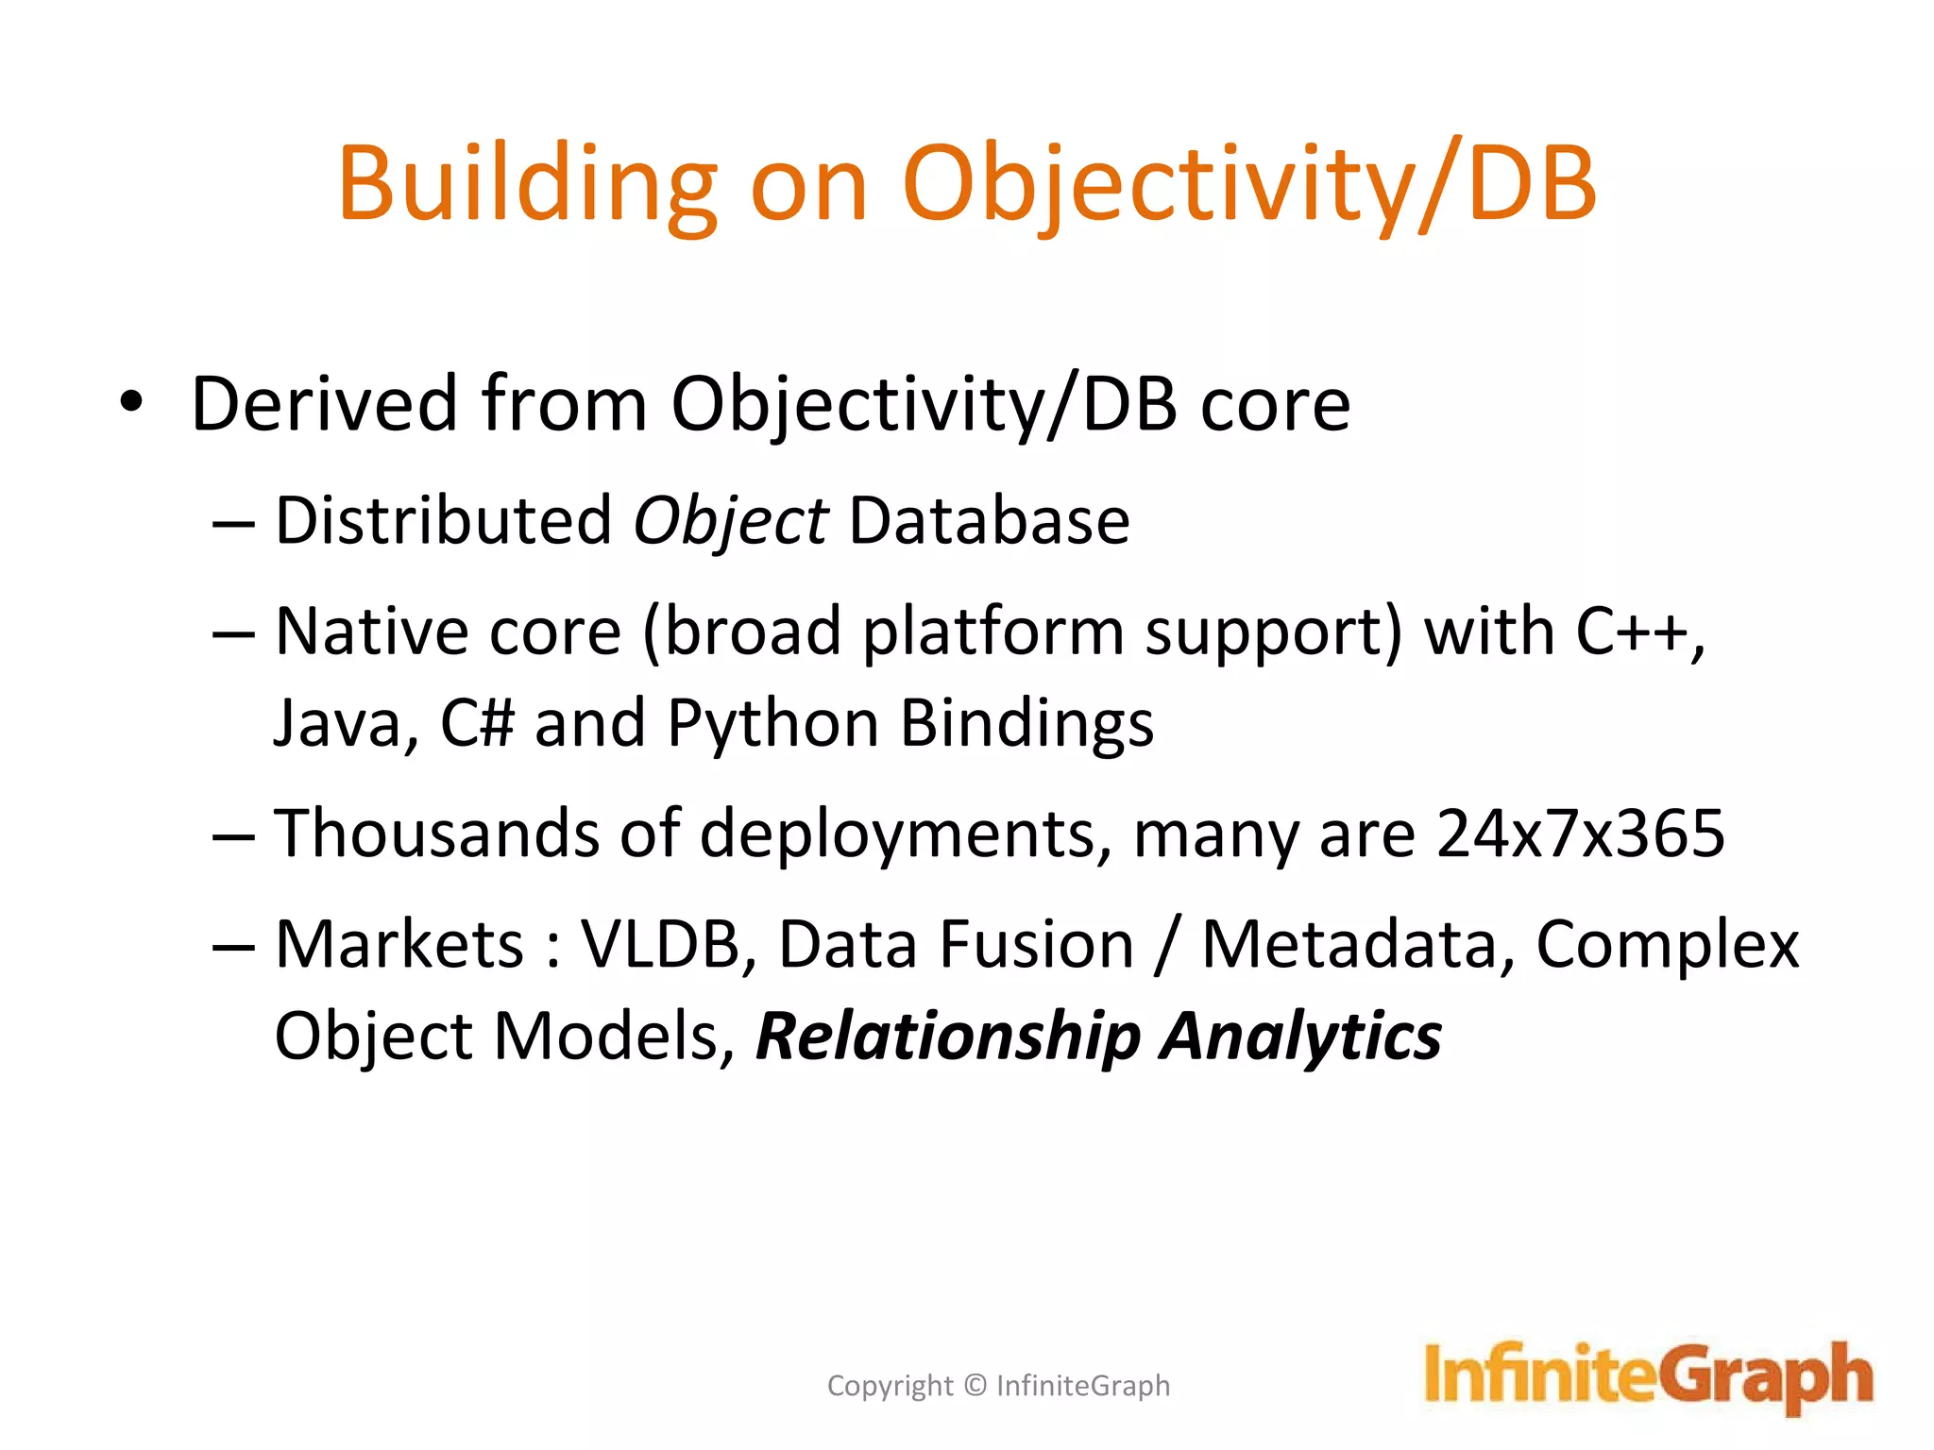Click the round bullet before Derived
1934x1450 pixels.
[x=131, y=403]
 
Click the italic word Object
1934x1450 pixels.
[x=730, y=521]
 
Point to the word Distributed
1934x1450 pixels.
[x=443, y=521]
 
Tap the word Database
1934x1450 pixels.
[x=989, y=521]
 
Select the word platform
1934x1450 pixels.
[x=992, y=632]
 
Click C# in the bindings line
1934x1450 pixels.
[x=477, y=724]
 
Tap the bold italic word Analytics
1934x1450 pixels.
[x=1300, y=1037]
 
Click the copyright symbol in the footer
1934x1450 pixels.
[x=975, y=1386]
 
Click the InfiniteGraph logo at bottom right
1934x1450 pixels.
[x=1647, y=1376]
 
